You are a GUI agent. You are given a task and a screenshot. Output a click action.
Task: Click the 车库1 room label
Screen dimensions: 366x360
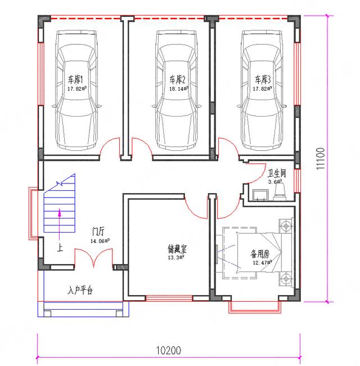coord(76,79)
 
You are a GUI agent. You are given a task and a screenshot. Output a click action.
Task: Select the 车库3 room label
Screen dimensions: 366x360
coord(262,79)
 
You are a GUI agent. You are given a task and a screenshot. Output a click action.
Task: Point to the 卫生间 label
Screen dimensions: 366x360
coord(277,173)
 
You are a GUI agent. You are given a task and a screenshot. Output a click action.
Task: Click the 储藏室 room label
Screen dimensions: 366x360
coord(176,248)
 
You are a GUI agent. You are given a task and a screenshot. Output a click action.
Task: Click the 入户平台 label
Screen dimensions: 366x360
coord(80,291)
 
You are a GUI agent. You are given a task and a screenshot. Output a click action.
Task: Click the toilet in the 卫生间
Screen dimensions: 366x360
coord(280,194)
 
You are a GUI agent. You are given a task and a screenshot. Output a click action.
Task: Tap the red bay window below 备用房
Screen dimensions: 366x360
coord(254,306)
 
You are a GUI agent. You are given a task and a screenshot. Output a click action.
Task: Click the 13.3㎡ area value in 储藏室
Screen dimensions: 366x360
coord(176,257)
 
